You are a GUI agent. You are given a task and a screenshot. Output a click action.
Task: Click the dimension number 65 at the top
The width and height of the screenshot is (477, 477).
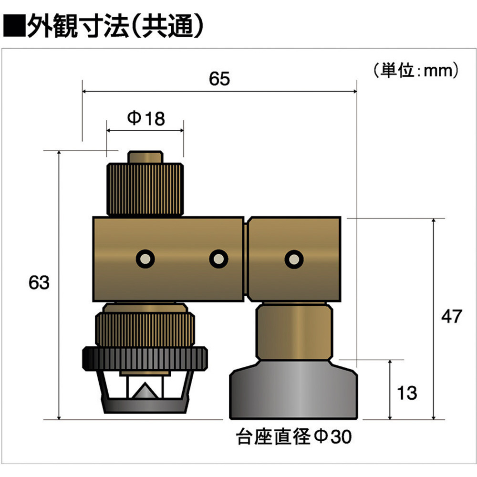(x=219, y=79)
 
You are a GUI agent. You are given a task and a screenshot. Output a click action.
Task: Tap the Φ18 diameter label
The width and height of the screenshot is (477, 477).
(x=146, y=118)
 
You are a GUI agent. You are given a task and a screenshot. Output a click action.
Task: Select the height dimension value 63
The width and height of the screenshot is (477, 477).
(x=39, y=282)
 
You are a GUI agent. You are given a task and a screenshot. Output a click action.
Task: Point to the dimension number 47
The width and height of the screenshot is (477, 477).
(x=452, y=316)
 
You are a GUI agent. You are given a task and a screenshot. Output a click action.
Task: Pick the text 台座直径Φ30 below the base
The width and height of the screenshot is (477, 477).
(x=294, y=436)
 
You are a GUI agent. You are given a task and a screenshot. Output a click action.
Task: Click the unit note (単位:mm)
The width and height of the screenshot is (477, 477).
(x=416, y=71)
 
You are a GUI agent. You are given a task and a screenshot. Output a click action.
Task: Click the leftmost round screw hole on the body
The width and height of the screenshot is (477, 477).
(x=145, y=259)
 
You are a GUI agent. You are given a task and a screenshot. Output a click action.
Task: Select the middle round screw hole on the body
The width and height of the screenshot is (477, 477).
(x=218, y=259)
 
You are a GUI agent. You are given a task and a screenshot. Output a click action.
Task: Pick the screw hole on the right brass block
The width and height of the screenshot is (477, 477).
(x=294, y=259)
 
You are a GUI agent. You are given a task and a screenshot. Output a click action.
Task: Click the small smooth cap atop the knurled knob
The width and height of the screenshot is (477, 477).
(x=145, y=157)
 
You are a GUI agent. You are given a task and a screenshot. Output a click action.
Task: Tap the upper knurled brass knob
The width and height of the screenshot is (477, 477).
(x=145, y=189)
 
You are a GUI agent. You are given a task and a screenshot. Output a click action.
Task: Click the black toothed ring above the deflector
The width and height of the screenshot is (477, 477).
(x=145, y=359)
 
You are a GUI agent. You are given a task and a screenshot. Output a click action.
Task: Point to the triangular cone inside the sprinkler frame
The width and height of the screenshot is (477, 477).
(x=145, y=391)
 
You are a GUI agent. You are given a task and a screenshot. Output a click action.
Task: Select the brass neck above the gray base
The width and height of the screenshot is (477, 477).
(x=294, y=332)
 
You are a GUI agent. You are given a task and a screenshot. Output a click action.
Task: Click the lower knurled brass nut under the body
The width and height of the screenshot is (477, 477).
(x=145, y=330)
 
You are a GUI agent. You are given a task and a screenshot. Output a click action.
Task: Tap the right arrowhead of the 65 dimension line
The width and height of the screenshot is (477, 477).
(x=355, y=91)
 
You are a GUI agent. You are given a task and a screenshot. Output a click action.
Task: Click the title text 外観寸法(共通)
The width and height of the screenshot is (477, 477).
(x=115, y=26)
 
